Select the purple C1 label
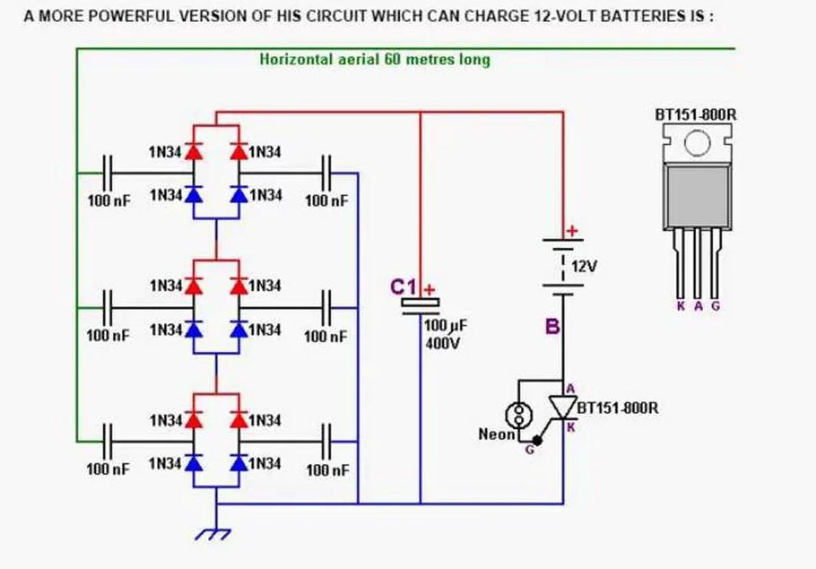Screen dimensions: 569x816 pos(402,287)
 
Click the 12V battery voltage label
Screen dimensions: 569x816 pos(584,266)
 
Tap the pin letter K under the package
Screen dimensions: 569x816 pos(680,306)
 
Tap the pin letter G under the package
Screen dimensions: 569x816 pos(715,306)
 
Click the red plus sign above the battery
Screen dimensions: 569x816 pos(572,231)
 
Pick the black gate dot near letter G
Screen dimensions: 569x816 pos(537,440)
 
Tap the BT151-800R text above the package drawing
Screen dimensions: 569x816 pos(696,115)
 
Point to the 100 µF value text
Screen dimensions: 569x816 pos(446,326)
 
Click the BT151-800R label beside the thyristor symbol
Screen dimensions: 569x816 pos(617,408)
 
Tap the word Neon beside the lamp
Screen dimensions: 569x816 pos(497,435)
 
